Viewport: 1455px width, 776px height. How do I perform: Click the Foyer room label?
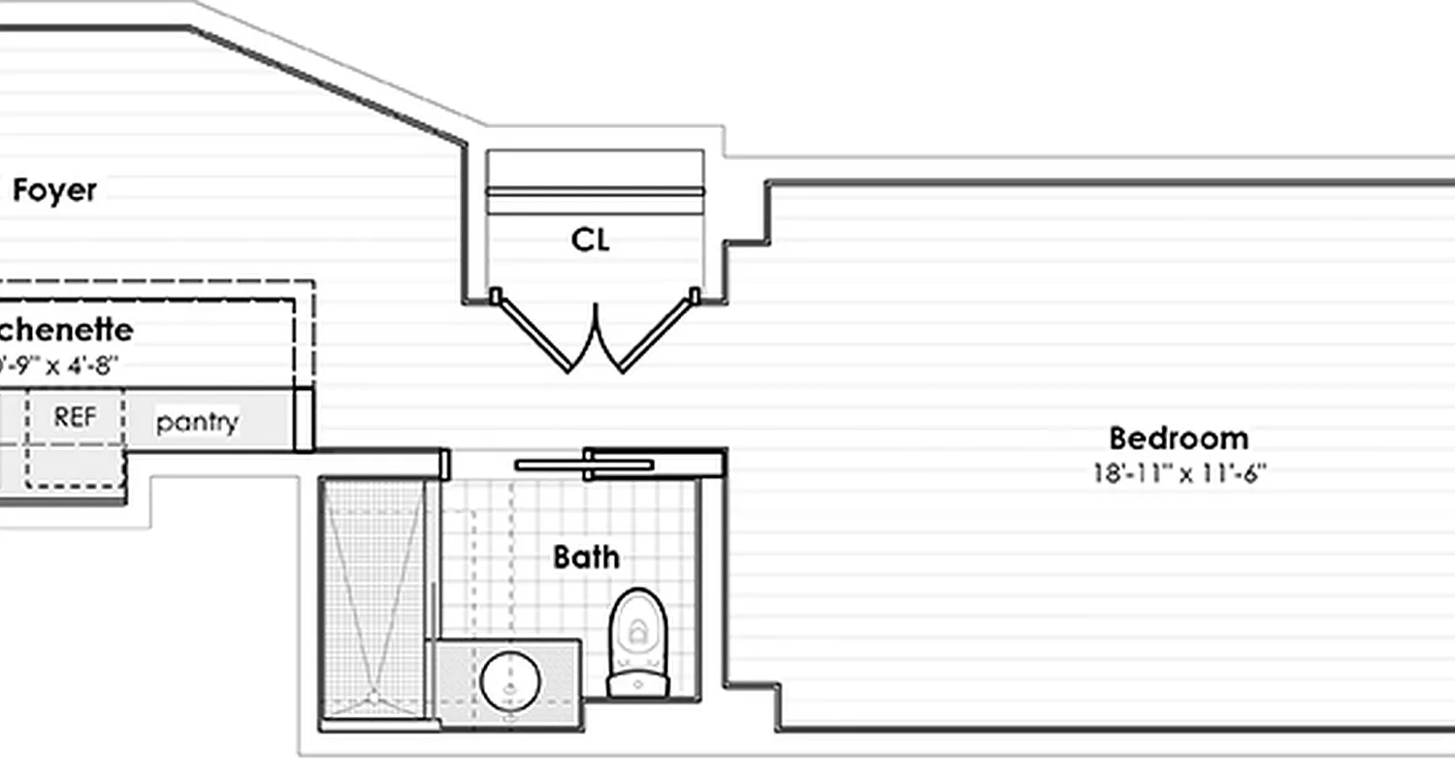click(x=54, y=191)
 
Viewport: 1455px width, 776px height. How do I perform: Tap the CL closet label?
click(x=591, y=240)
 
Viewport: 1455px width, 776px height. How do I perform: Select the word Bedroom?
click(x=1178, y=438)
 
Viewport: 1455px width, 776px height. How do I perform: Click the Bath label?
click(x=586, y=557)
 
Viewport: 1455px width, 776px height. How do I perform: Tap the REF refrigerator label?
click(x=75, y=417)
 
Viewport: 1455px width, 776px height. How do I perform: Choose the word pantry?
click(x=197, y=422)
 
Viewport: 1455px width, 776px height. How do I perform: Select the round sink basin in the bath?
click(x=510, y=680)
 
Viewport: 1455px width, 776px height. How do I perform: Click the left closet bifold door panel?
click(x=533, y=335)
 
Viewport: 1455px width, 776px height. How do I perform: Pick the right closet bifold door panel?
click(x=657, y=335)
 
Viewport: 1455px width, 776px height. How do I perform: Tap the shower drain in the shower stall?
click(x=372, y=695)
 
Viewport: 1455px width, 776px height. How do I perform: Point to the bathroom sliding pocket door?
click(x=585, y=465)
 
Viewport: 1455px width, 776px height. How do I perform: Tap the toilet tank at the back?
click(x=638, y=685)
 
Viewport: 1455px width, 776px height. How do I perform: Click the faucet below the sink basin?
click(x=511, y=719)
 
